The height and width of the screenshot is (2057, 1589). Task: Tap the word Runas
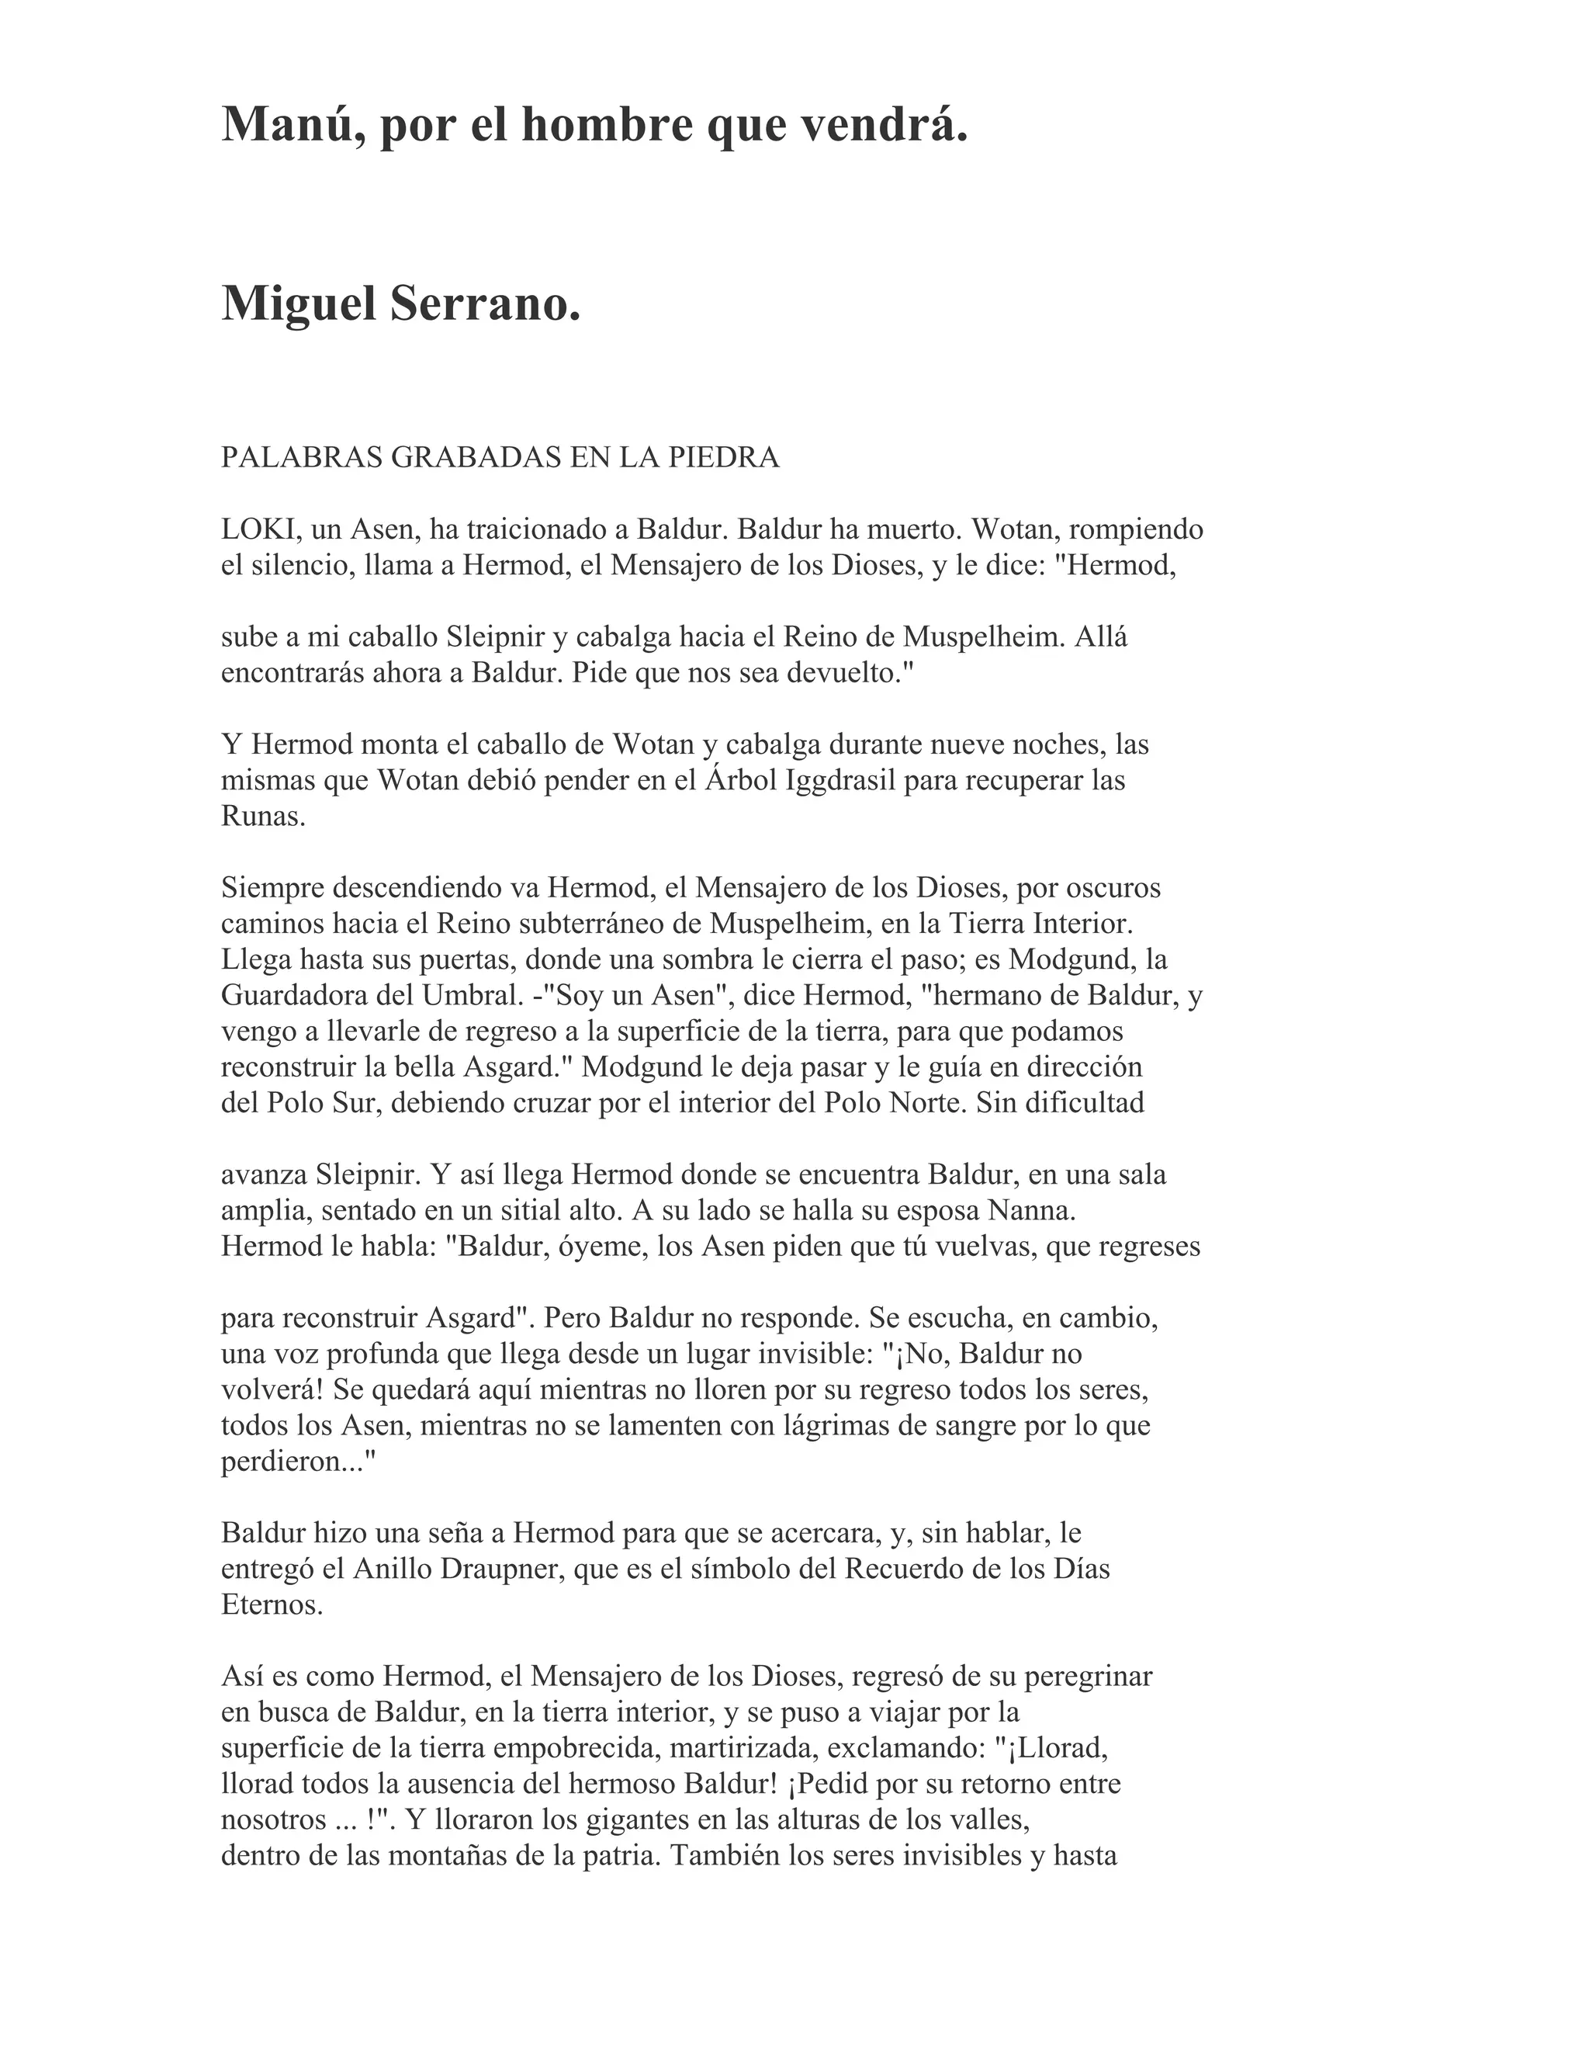point(264,816)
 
